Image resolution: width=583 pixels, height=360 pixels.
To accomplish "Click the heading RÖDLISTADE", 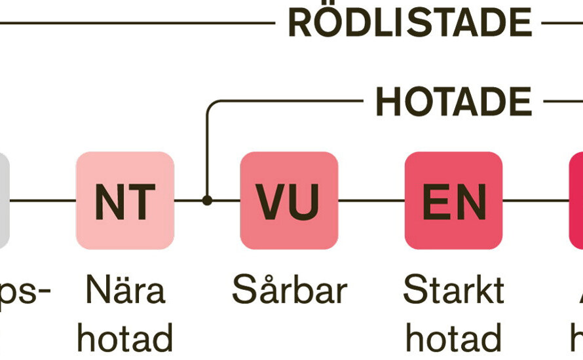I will point(409,23).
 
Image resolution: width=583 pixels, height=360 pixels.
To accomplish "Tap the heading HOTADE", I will point(453,102).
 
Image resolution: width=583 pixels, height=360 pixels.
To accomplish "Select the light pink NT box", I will point(125,200).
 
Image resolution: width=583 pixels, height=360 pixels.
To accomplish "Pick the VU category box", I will point(289,200).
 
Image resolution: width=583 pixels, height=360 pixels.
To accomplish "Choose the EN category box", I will point(453,200).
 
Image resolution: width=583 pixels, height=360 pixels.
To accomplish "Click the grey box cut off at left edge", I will point(4,200).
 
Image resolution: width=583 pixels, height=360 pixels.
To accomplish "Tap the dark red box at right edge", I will point(576,200).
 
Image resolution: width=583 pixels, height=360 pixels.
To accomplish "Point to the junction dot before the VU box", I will point(207,200).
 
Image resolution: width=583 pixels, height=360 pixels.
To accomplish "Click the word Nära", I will point(125,291).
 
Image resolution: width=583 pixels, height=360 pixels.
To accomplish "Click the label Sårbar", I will point(289,291).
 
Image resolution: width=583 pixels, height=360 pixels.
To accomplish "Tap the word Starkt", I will point(453,291).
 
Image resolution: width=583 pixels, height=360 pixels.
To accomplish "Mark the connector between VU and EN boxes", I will point(371,200).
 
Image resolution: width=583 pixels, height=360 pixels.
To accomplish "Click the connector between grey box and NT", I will point(43,200).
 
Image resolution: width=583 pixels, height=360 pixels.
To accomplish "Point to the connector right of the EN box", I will point(535,200).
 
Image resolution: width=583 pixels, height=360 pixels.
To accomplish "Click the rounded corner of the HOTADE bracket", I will point(210,105).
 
